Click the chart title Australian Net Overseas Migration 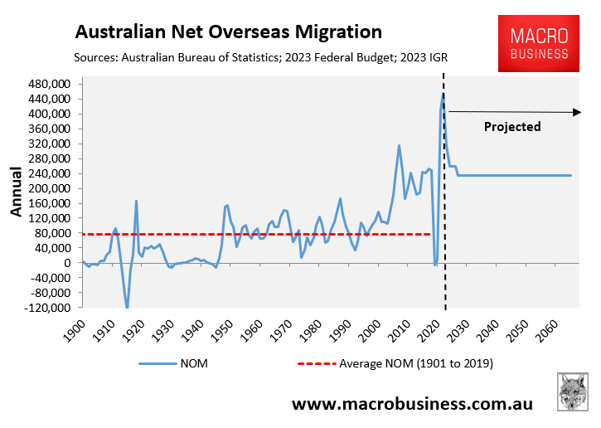coord(228,32)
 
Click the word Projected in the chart coord(511,127)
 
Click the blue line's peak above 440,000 coord(443,95)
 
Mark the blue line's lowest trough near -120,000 coord(128,308)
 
